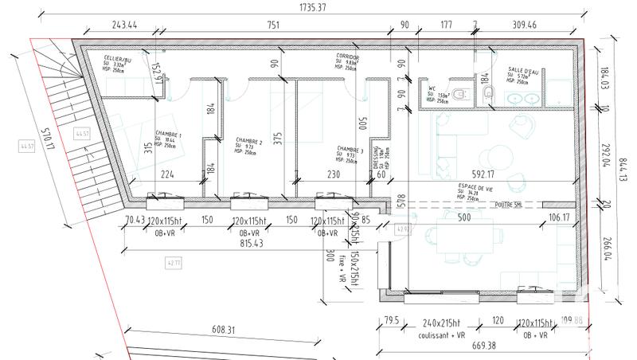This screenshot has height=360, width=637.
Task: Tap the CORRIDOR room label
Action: pos(348,58)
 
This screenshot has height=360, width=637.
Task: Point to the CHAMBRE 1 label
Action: pos(168,135)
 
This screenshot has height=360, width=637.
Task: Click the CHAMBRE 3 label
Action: pos(350,148)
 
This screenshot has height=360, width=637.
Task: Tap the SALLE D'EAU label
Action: pos(522,70)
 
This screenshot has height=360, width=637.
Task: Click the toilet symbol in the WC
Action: pos(489,95)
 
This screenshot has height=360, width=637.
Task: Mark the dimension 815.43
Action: pos(246,242)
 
